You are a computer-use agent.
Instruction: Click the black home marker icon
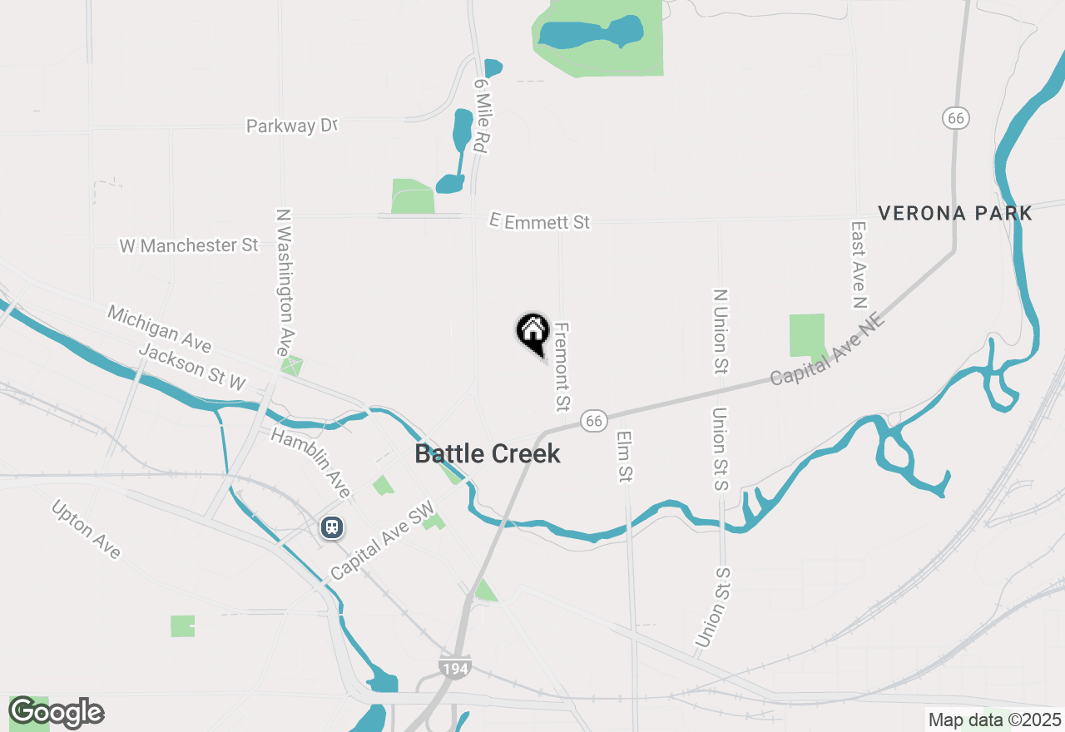click(x=532, y=331)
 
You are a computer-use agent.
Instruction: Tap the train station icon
click(x=332, y=527)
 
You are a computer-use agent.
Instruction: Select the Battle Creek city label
click(x=487, y=454)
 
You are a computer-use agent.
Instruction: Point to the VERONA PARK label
click(x=955, y=214)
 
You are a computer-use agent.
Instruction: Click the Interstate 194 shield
click(x=455, y=666)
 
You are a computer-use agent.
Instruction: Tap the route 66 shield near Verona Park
click(x=956, y=118)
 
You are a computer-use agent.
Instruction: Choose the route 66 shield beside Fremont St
click(x=592, y=421)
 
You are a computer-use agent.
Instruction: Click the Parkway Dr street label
click(x=292, y=126)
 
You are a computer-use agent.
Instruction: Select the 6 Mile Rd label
click(x=480, y=116)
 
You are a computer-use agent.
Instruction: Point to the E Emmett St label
click(x=540, y=222)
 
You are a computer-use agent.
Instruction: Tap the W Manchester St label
click(x=189, y=245)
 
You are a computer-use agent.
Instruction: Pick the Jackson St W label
click(x=192, y=367)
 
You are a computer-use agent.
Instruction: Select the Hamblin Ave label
click(x=310, y=462)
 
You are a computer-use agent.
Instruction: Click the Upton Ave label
click(x=87, y=529)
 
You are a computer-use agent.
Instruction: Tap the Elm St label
click(x=625, y=456)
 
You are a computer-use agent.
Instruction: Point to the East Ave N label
click(x=859, y=265)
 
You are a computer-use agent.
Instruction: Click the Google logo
click(x=57, y=712)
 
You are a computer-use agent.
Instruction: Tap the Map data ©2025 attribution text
click(x=994, y=720)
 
